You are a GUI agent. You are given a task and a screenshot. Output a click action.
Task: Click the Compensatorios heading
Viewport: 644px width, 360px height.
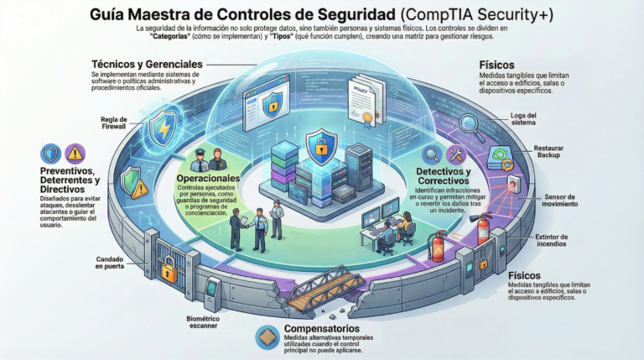[322, 328]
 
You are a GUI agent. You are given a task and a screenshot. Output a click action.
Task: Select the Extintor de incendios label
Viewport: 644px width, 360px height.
[557, 242]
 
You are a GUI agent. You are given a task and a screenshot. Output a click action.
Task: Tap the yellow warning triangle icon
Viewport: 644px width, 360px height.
[75, 153]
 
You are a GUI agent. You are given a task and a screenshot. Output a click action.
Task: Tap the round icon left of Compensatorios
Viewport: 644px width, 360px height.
[264, 337]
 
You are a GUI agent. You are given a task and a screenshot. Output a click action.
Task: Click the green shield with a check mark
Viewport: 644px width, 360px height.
[131, 180]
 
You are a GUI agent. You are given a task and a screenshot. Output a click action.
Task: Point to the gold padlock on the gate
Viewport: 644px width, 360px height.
[169, 270]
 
